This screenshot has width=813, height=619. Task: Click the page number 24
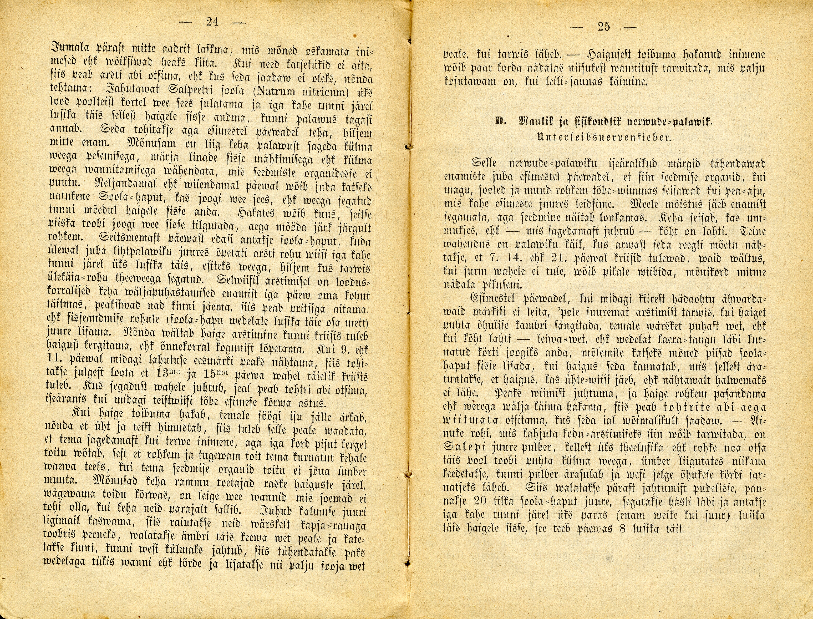212,22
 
